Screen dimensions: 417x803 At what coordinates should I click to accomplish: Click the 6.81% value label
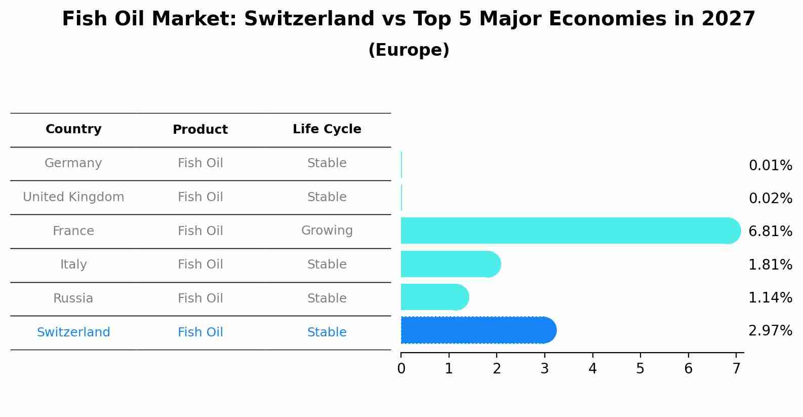tap(770, 232)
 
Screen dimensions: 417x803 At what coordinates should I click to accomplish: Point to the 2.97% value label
tap(770, 331)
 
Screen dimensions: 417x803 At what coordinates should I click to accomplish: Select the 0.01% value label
tap(770, 166)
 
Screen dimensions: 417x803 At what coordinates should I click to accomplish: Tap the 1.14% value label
tap(770, 297)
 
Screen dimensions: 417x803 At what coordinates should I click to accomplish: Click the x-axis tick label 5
tap(640, 369)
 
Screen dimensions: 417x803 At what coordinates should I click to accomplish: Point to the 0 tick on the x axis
tap(401, 369)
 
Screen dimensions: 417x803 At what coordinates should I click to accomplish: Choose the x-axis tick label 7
tap(736, 369)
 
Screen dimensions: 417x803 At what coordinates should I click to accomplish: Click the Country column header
tap(73, 129)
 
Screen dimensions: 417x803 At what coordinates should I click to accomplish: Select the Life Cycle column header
tap(327, 129)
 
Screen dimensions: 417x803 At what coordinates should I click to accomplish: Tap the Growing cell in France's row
tap(327, 231)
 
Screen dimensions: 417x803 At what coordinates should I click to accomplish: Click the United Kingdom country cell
tap(73, 197)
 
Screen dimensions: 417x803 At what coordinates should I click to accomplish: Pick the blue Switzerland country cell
tap(73, 332)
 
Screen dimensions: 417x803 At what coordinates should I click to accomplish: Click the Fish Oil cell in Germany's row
tap(200, 163)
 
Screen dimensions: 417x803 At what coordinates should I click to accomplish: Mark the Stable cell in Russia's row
tap(327, 298)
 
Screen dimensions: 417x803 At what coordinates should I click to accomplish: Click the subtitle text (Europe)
tap(409, 50)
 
